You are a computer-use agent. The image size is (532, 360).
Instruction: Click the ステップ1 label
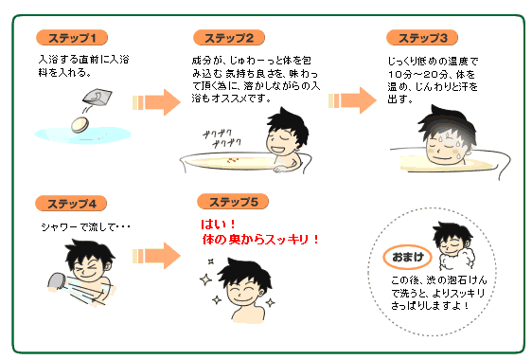click(x=72, y=38)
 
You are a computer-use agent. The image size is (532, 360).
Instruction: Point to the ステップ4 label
click(x=72, y=204)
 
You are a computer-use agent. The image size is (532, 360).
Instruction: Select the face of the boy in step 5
click(x=237, y=280)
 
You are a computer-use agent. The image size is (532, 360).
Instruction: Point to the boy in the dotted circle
click(x=452, y=248)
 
